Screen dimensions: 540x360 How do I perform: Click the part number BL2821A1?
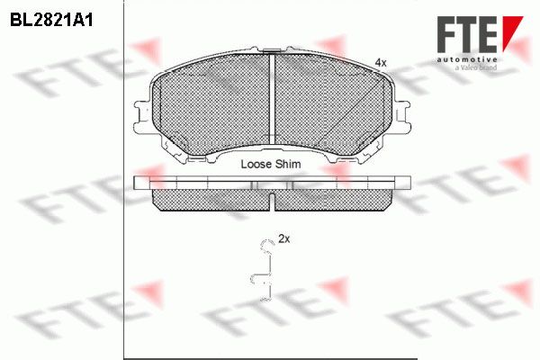pyautogui.click(x=51, y=21)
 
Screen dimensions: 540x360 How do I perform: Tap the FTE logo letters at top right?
pyautogui.click(x=467, y=34)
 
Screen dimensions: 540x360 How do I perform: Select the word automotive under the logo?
pyautogui.click(x=467, y=60)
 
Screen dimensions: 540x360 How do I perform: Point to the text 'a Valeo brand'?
pyautogui.click(x=476, y=67)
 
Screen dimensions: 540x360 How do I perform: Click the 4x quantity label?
pyautogui.click(x=381, y=63)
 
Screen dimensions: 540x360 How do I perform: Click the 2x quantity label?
pyautogui.click(x=284, y=238)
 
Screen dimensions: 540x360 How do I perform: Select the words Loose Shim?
pyautogui.click(x=271, y=164)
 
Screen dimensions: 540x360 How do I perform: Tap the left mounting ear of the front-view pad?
pyautogui.click(x=142, y=117)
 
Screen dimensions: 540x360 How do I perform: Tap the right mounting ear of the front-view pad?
pyautogui.click(x=401, y=117)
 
